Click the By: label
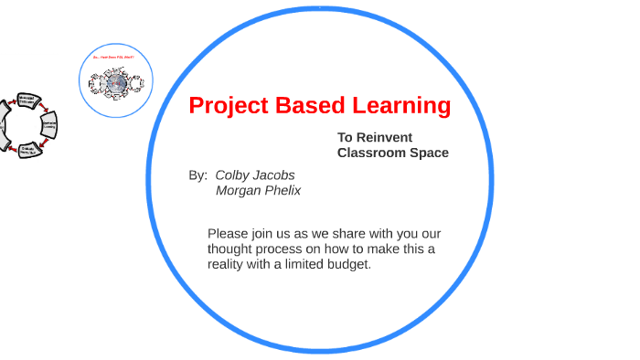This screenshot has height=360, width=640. pyautogui.click(x=197, y=175)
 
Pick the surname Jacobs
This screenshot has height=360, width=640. pyautogui.click(x=275, y=175)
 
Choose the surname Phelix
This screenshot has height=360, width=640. pyautogui.click(x=284, y=190)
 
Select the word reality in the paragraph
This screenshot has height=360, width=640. pyautogui.click(x=228, y=264)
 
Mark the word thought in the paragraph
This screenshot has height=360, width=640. pyautogui.click(x=231, y=249)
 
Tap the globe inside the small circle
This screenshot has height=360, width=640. pyautogui.click(x=116, y=83)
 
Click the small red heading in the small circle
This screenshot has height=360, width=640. pyautogui.click(x=115, y=57)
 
